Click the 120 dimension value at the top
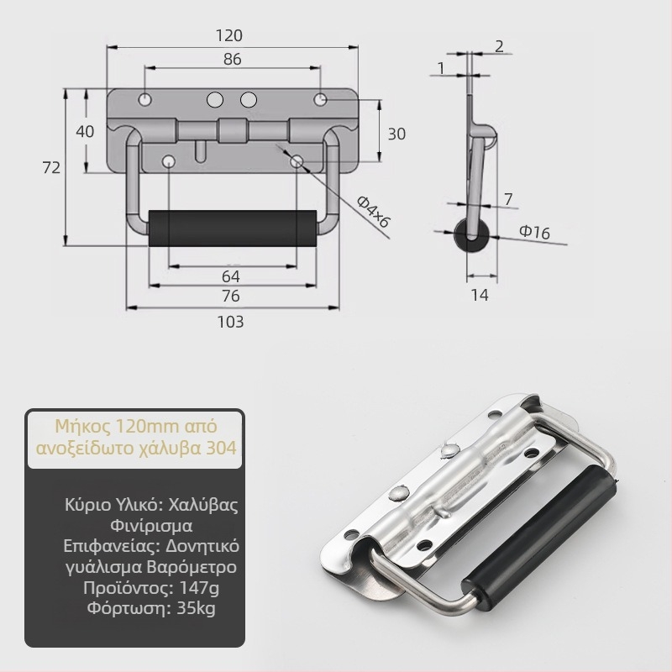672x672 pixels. (229, 35)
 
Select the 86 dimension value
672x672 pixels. (233, 59)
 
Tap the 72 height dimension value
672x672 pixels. (51, 167)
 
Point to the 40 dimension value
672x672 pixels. (85, 131)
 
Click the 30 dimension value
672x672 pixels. (396, 134)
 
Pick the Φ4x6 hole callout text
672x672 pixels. (373, 212)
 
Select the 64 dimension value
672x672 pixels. (230, 277)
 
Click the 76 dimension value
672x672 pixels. (230, 297)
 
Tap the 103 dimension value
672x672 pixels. (230, 322)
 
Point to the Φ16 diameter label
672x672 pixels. (534, 232)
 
